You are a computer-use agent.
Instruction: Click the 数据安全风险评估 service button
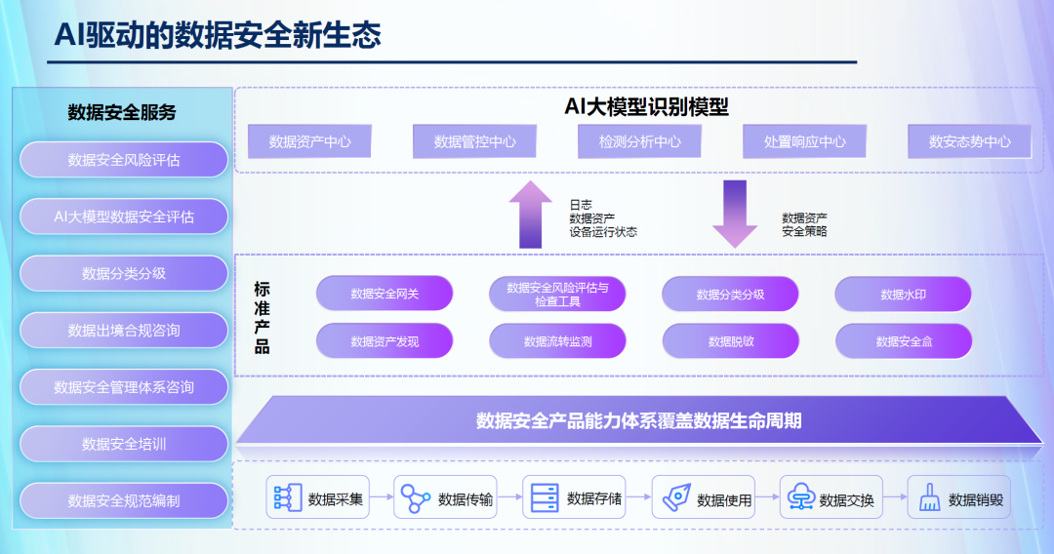(x=124, y=160)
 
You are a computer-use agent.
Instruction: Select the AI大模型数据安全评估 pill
(x=124, y=217)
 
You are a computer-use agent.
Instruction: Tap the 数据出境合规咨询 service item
(x=124, y=331)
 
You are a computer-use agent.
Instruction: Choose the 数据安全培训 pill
(x=124, y=444)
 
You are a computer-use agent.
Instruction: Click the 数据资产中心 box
(x=310, y=141)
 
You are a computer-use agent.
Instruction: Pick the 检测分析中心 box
(x=640, y=141)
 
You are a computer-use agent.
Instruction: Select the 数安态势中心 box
(x=970, y=141)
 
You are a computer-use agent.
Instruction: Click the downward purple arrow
(x=734, y=214)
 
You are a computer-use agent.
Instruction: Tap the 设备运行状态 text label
(x=603, y=232)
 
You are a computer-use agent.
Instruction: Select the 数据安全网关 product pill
(x=385, y=294)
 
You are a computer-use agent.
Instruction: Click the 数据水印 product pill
(x=903, y=294)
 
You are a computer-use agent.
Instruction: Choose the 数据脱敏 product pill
(x=730, y=341)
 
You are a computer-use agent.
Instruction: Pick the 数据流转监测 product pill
(x=557, y=341)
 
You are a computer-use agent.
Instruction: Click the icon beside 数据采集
(x=285, y=498)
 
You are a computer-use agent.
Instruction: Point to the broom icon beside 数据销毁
(x=928, y=499)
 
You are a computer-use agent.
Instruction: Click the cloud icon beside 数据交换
(x=800, y=498)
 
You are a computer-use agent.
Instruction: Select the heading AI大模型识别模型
(x=646, y=106)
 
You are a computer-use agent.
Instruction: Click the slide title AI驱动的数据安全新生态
(x=217, y=35)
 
